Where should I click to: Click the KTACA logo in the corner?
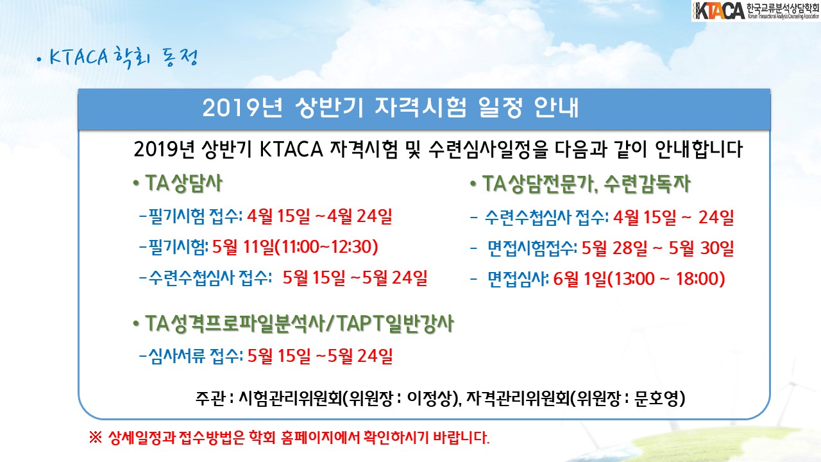[x=756, y=11]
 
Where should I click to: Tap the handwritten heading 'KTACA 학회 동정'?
[x=124, y=58]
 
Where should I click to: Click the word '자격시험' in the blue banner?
[x=420, y=108]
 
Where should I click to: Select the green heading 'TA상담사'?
[x=183, y=183]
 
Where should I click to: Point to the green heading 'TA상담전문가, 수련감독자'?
[x=586, y=184]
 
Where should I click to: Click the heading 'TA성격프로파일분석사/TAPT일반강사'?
[x=300, y=323]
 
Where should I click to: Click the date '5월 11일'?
[x=242, y=247]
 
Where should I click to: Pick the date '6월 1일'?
[x=579, y=278]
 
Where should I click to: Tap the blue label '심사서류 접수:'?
[x=196, y=355]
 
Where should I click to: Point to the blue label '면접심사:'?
[x=518, y=278]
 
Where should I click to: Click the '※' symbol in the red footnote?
[x=96, y=438]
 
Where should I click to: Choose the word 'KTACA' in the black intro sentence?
[x=291, y=150]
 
